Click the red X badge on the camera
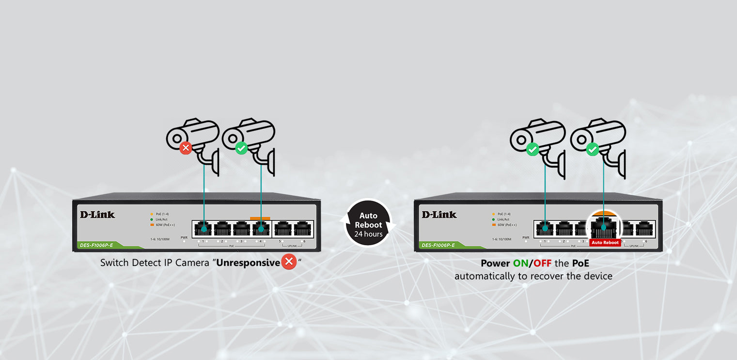point(186,148)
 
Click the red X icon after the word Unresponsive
point(289,262)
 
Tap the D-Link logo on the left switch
point(97,215)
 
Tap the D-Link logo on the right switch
point(439,215)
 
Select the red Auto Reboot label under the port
point(605,242)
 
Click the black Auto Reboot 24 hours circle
point(368,224)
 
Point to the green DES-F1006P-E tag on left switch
point(97,245)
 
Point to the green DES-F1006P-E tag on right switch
point(439,245)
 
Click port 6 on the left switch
point(302,228)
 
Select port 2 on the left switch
point(222,228)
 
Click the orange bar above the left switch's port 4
point(260,219)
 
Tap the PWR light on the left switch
point(184,241)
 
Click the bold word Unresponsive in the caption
point(248,263)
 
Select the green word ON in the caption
point(520,264)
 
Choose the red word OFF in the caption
point(542,264)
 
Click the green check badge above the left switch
point(241,148)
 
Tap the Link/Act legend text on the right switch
point(503,219)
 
